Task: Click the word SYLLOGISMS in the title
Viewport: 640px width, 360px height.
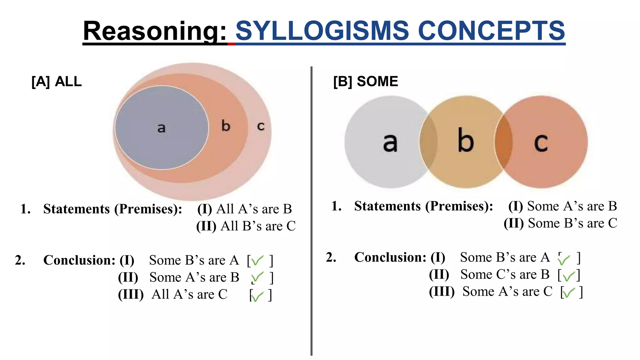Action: pos(322,31)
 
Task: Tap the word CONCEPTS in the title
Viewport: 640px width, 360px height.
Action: pos(491,31)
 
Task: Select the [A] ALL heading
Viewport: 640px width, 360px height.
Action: pos(57,82)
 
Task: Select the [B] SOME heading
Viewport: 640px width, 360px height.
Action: pos(366,82)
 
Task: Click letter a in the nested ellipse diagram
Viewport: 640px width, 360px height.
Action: pos(161,128)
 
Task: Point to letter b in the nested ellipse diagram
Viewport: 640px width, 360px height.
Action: pos(226,126)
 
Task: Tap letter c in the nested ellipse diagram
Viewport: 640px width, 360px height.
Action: pos(261,126)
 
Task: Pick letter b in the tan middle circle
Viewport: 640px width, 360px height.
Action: pos(466,141)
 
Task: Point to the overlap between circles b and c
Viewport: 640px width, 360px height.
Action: pos(503,142)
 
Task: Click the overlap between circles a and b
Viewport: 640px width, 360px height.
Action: pos(428,142)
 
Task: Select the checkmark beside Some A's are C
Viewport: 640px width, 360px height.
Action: pos(568,292)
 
